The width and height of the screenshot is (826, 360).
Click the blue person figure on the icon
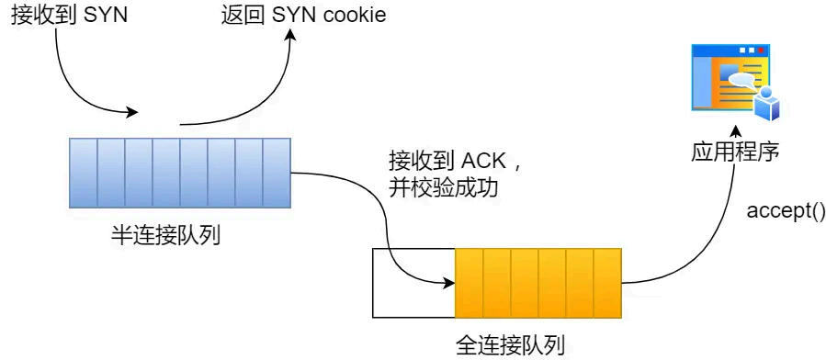(x=765, y=103)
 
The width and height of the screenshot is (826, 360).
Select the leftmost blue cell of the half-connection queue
(x=84, y=173)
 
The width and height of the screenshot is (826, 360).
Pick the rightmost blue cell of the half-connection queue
(x=277, y=173)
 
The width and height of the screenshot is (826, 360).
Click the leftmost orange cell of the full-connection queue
(x=469, y=280)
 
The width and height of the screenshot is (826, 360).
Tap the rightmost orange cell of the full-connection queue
(x=607, y=280)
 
